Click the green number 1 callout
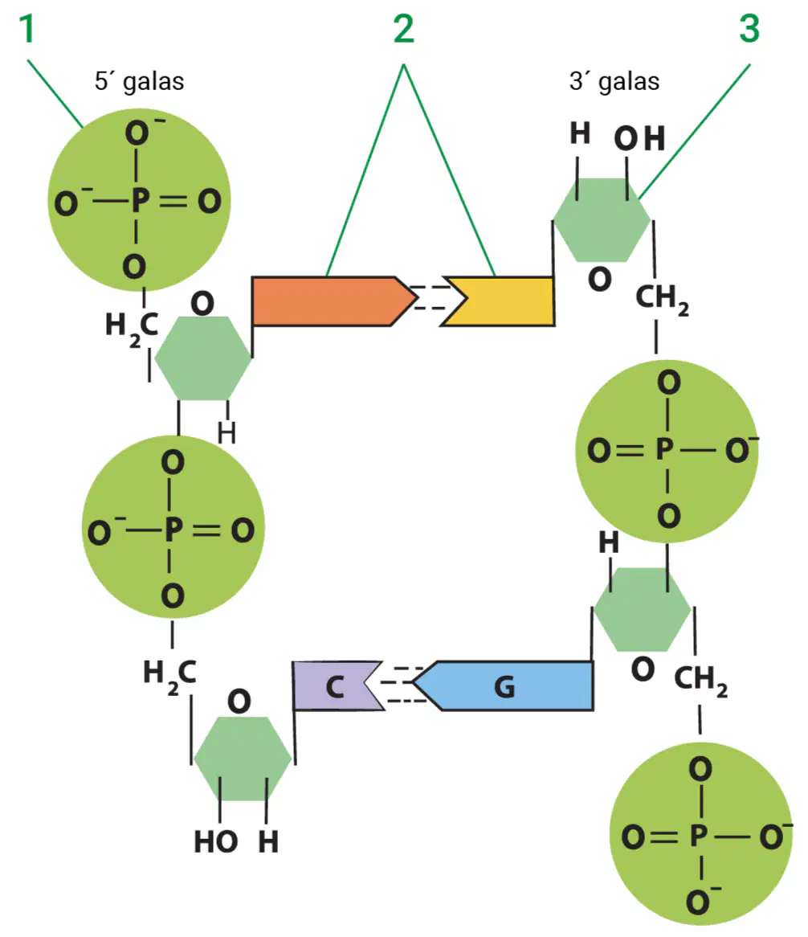(27, 29)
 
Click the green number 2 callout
(404, 29)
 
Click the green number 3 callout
(749, 29)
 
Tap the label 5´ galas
(139, 81)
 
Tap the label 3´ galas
(614, 81)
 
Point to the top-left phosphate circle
(139, 199)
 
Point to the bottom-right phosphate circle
(701, 833)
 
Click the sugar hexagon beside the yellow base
(602, 220)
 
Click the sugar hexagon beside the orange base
(203, 358)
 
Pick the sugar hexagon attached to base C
(243, 759)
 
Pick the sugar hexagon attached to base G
(642, 609)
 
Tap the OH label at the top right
(639, 139)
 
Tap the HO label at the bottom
(215, 842)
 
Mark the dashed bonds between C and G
(402, 684)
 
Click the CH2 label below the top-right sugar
(662, 298)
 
